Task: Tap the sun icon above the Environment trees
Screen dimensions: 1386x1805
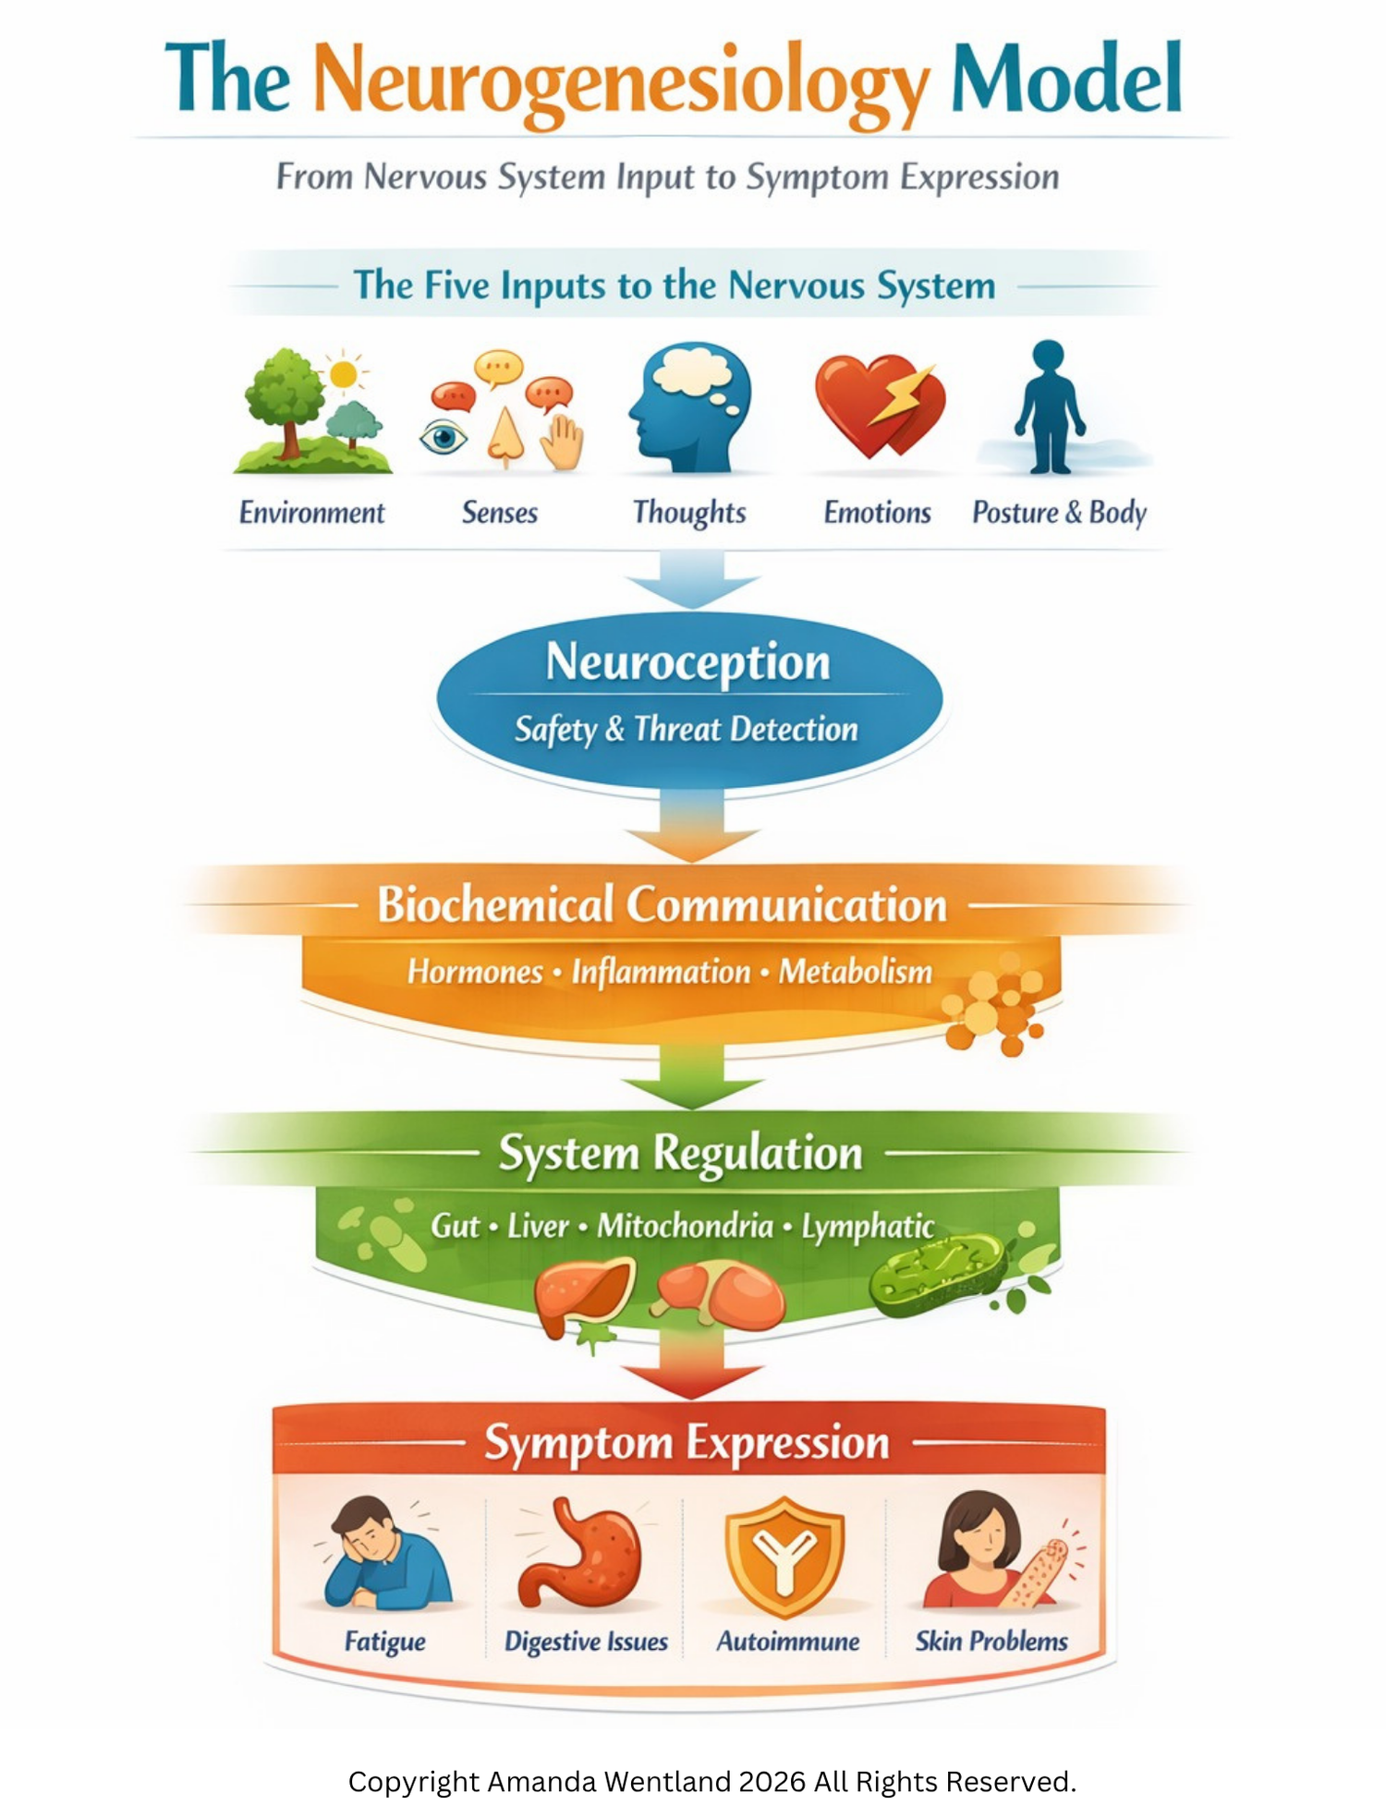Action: point(344,373)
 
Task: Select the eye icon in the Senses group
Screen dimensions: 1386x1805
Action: point(443,437)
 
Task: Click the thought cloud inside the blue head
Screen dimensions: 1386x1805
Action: point(694,372)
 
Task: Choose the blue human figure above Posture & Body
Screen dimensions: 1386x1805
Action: point(1049,406)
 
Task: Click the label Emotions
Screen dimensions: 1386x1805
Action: point(878,513)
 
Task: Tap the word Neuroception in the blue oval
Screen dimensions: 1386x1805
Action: point(687,663)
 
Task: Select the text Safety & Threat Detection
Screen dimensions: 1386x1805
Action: point(687,730)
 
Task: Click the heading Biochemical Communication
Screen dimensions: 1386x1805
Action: point(663,904)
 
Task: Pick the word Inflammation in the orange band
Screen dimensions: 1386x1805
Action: point(661,972)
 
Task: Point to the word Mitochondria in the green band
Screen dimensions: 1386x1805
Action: point(685,1226)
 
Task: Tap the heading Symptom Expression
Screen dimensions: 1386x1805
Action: point(687,1443)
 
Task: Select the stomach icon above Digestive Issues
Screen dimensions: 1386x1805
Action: point(582,1556)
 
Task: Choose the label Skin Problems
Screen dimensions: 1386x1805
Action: point(991,1641)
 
